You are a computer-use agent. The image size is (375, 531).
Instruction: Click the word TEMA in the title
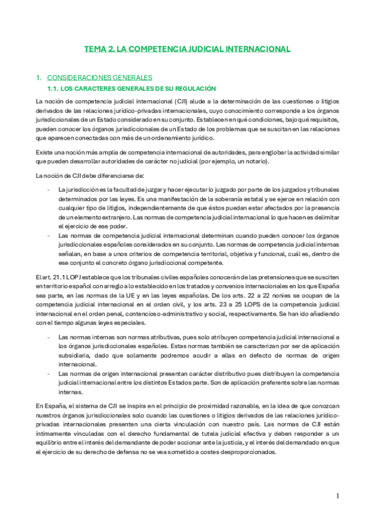click(96, 48)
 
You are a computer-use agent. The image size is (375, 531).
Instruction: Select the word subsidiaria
click(74, 354)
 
